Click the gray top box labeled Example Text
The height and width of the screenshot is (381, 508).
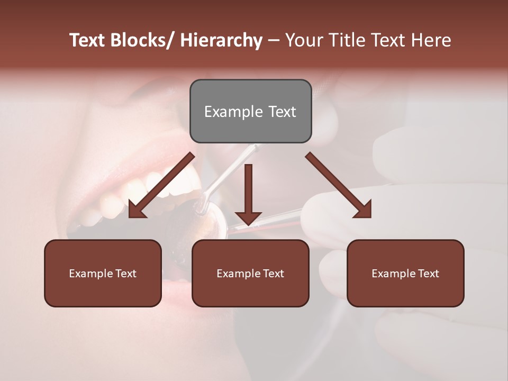[250, 111]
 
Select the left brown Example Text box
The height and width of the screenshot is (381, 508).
[103, 273]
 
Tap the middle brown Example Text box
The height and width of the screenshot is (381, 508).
[250, 273]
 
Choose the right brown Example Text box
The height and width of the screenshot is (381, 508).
[405, 273]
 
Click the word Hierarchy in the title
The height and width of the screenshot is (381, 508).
[221, 40]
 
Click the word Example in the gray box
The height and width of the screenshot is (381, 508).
[228, 112]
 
